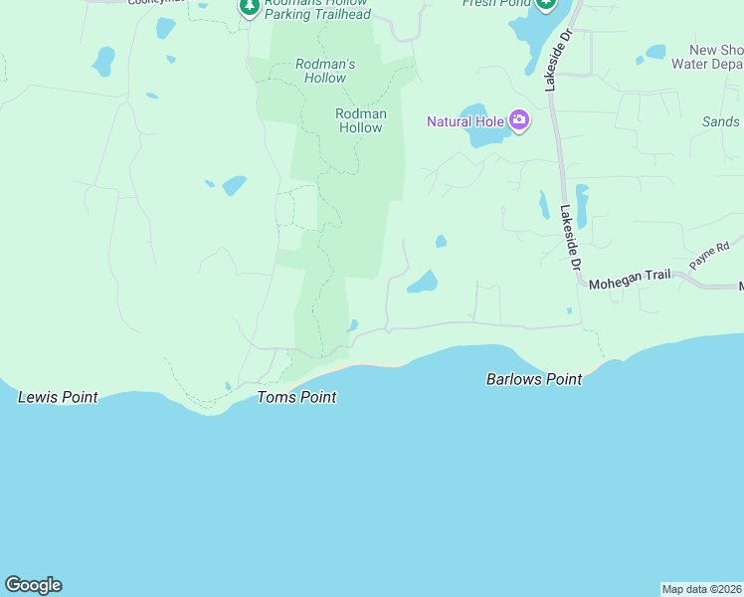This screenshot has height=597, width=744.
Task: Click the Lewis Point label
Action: [x=58, y=397]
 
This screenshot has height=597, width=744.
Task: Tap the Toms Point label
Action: [x=296, y=397]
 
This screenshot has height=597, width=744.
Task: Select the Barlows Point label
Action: [x=533, y=379]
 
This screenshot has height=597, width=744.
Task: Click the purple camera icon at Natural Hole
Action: [x=519, y=121]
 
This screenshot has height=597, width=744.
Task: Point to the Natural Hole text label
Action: [x=465, y=121]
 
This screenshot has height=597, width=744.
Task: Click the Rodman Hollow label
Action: [x=360, y=120]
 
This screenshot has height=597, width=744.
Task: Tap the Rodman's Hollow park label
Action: [x=325, y=71]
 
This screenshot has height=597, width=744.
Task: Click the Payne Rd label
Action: [x=709, y=254]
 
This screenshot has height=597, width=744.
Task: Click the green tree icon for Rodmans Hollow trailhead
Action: [x=250, y=7]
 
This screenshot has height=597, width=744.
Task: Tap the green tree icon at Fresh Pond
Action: [x=545, y=4]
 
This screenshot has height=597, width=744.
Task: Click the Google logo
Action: [x=33, y=585]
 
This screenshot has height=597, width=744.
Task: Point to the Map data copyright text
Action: [x=701, y=589]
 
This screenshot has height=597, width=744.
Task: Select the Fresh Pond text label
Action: [x=494, y=3]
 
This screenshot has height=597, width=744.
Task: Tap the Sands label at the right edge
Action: [x=721, y=121]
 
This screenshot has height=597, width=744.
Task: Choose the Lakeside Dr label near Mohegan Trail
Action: [x=568, y=239]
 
